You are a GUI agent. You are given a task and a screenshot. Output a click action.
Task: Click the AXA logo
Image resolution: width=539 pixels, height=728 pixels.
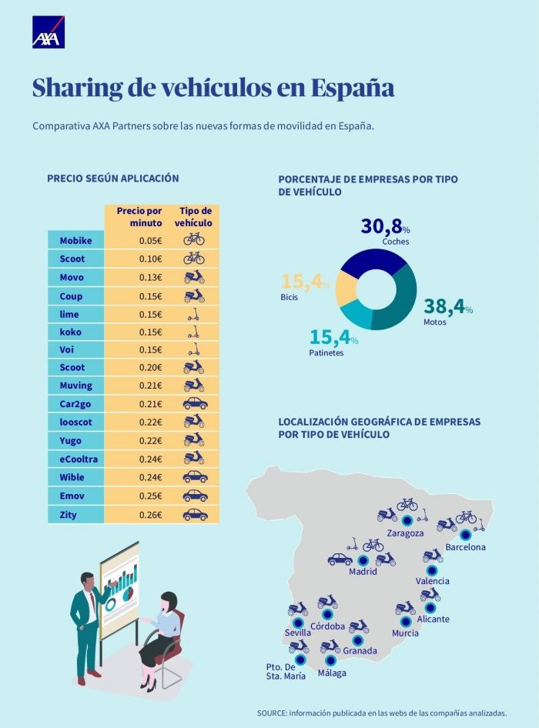[x=48, y=32]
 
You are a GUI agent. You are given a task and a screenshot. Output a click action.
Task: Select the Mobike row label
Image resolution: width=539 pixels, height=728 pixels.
[x=75, y=240]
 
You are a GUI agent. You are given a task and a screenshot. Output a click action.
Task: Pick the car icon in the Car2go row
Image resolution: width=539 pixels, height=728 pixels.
[x=194, y=404]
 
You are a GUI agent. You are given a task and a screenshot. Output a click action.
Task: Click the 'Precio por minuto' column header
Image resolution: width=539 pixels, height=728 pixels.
[x=139, y=216]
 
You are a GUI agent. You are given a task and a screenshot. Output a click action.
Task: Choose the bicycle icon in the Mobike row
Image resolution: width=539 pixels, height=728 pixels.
[x=194, y=239]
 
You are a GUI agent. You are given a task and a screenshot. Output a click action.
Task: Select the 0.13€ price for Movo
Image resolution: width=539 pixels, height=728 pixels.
[x=150, y=277]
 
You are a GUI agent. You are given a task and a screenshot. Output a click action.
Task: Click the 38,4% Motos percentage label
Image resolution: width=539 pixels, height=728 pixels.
[x=447, y=307]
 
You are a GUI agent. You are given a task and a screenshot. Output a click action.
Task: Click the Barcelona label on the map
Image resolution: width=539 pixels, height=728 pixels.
[x=465, y=547]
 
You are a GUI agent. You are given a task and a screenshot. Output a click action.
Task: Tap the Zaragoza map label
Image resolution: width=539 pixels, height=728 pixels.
[x=406, y=533]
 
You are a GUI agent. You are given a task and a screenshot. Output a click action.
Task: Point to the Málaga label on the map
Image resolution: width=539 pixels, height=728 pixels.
[x=331, y=673]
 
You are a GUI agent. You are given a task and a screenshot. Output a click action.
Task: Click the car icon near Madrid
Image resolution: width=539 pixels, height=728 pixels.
[x=340, y=559]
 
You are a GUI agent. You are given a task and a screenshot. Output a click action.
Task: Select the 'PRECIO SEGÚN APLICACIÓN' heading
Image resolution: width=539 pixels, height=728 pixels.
[x=112, y=179]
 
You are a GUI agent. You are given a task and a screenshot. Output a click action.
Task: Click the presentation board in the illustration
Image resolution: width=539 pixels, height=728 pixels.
[x=120, y=589]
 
